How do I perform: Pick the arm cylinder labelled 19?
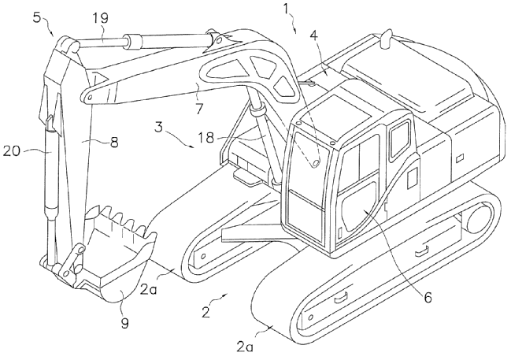157,39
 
